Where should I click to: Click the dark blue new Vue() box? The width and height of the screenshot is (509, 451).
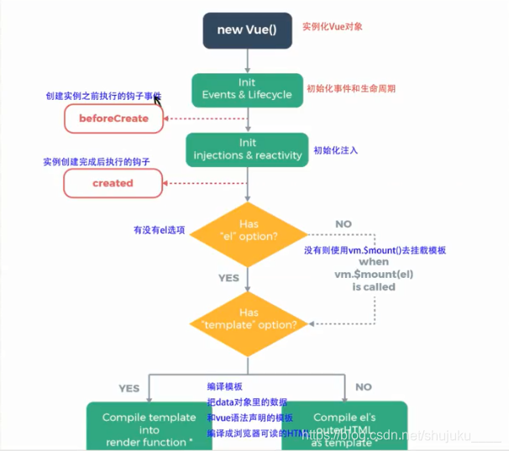pyautogui.click(x=247, y=30)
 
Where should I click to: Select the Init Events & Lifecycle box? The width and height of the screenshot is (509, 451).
pyautogui.click(x=247, y=89)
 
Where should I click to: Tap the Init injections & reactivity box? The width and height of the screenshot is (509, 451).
pyautogui.click(x=247, y=149)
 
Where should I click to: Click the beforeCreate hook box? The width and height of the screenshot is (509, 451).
pyautogui.click(x=113, y=118)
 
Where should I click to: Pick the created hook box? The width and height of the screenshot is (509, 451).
pyautogui.click(x=113, y=182)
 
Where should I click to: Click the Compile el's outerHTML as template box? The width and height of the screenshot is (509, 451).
pyautogui.click(x=344, y=429)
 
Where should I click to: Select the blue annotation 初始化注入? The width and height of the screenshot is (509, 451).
pyautogui.click(x=336, y=150)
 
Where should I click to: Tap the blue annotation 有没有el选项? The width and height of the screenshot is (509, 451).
pyautogui.click(x=159, y=228)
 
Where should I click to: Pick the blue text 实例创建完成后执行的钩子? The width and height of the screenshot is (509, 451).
pyautogui.click(x=94, y=161)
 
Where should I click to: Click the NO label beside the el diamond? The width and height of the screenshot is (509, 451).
pyautogui.click(x=343, y=225)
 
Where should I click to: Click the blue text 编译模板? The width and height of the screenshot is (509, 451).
pyautogui.click(x=224, y=386)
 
